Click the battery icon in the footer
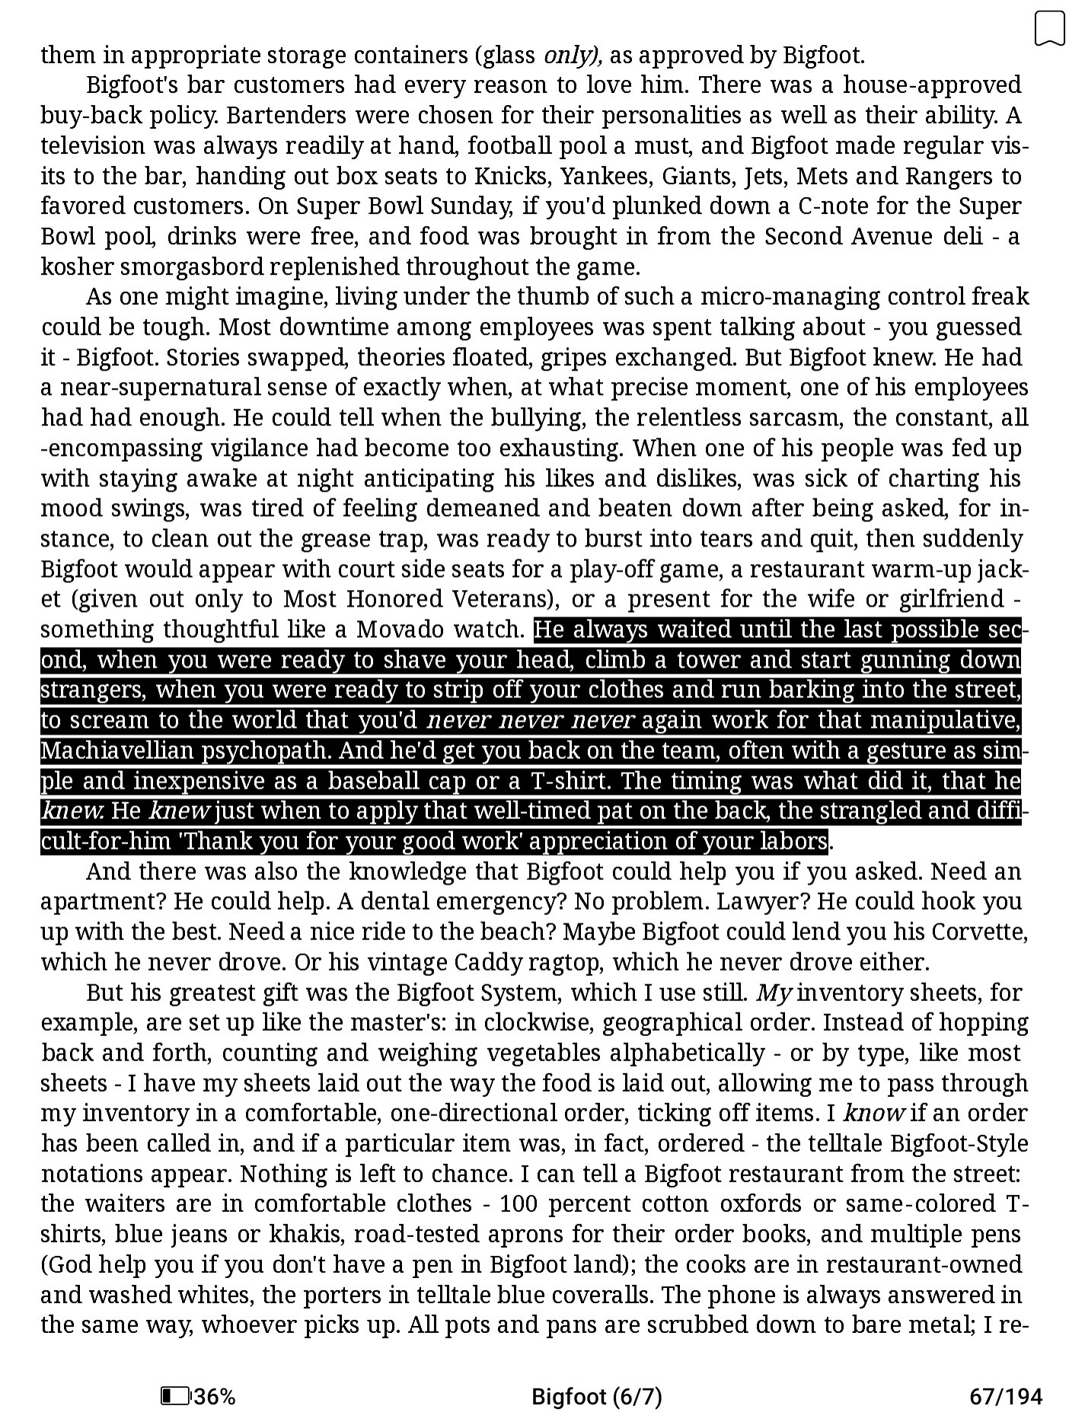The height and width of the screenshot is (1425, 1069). coord(175,1396)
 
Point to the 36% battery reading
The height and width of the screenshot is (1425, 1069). coord(215,1396)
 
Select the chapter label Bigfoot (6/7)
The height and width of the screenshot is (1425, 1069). coord(596,1396)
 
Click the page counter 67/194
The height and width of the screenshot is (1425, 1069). coord(1005,1396)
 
